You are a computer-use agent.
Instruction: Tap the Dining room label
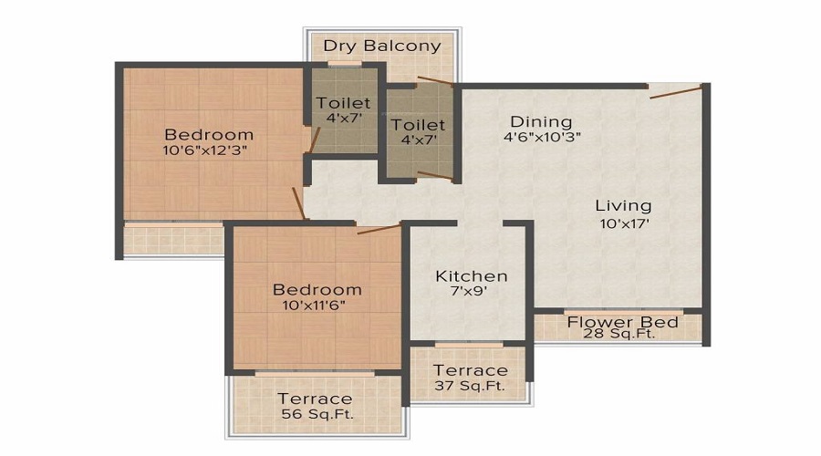(541, 121)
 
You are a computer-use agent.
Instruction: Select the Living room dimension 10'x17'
(623, 222)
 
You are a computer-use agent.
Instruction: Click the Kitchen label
(471, 275)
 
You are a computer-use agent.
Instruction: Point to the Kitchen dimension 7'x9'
(471, 293)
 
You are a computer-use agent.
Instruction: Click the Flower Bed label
(622, 322)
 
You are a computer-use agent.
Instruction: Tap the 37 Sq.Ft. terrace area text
(470, 386)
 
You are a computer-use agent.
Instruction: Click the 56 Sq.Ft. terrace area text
(316, 414)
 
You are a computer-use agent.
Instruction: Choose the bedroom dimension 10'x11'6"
(317, 306)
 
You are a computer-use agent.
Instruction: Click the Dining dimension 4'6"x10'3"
(542, 138)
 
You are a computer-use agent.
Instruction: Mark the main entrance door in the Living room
(676, 89)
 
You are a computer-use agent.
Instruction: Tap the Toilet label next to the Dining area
(418, 124)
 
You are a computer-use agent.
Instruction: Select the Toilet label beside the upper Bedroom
(344, 103)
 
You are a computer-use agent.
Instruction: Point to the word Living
(623, 205)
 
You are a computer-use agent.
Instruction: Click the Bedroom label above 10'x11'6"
(317, 289)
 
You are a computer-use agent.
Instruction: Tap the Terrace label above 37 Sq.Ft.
(470, 370)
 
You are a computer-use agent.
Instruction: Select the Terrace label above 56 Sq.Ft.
(316, 399)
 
